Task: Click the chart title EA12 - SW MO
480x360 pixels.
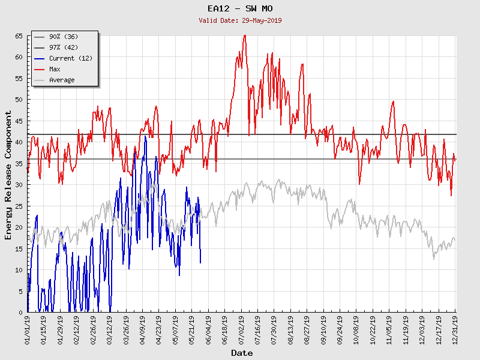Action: click(239, 8)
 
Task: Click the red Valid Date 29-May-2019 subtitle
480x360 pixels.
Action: click(240, 20)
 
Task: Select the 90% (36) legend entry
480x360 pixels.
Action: click(63, 37)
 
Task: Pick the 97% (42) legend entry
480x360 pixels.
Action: click(63, 48)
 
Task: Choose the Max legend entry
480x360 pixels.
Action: click(55, 70)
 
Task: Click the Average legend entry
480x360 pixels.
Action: click(62, 80)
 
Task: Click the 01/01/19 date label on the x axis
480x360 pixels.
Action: click(28, 331)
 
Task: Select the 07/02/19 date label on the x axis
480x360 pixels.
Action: click(241, 331)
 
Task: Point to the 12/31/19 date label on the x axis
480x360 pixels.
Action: click(455, 331)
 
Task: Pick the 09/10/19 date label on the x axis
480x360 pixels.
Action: click(323, 331)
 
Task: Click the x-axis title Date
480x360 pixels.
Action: click(242, 353)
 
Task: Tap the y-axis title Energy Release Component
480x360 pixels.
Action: click(8, 175)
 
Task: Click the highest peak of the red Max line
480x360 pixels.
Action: click(244, 35)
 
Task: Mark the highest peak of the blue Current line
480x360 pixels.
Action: click(145, 136)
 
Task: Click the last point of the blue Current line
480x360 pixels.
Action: click(200, 262)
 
